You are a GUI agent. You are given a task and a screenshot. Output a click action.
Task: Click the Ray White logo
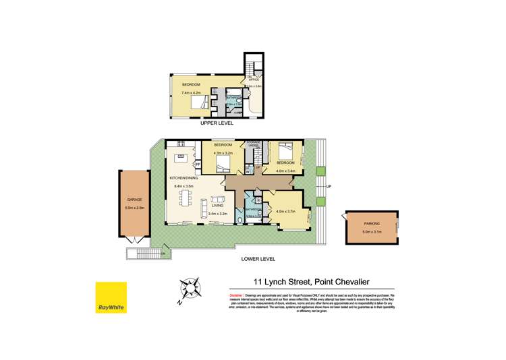(111, 297)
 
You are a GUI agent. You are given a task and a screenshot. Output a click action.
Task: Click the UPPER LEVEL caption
(217, 124)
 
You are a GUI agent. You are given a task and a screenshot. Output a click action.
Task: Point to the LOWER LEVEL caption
(259, 258)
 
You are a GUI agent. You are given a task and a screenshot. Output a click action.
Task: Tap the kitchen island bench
(180, 159)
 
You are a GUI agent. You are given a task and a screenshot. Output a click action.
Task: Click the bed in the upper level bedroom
(198, 102)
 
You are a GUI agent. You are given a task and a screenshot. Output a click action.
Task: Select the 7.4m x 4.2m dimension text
(192, 92)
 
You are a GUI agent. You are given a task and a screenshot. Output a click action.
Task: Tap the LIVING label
(217, 206)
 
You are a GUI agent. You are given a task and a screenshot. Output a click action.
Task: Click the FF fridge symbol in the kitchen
(198, 164)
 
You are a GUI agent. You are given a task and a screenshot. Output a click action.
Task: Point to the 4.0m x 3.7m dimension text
(286, 212)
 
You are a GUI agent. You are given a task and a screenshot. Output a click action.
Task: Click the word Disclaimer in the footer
(236, 295)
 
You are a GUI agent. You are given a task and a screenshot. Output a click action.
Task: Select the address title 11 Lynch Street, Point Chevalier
(311, 282)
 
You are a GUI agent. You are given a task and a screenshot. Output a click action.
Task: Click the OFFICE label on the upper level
(254, 79)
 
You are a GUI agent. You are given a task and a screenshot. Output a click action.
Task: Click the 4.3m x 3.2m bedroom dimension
(223, 153)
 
